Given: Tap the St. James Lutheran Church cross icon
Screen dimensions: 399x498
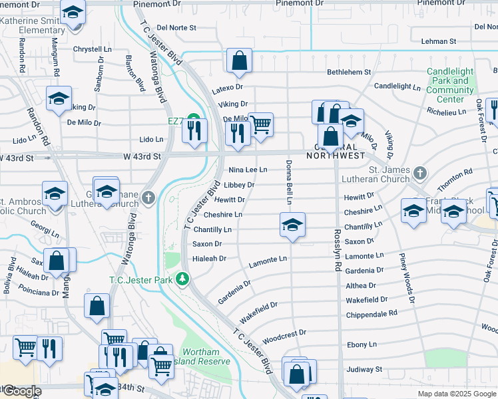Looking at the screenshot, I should (x=419, y=174).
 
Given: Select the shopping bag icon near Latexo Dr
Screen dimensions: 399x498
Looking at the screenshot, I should (x=239, y=61).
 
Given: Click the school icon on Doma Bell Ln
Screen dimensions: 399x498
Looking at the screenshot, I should (x=292, y=225).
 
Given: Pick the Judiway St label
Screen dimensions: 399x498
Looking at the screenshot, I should (x=364, y=369).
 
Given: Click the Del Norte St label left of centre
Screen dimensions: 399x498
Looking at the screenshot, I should (x=176, y=28).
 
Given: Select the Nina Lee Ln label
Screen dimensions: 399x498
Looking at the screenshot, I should (x=248, y=170).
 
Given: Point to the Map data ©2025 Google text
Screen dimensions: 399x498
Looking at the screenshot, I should (x=456, y=394).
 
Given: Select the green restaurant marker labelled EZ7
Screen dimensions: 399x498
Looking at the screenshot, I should (x=194, y=121).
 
